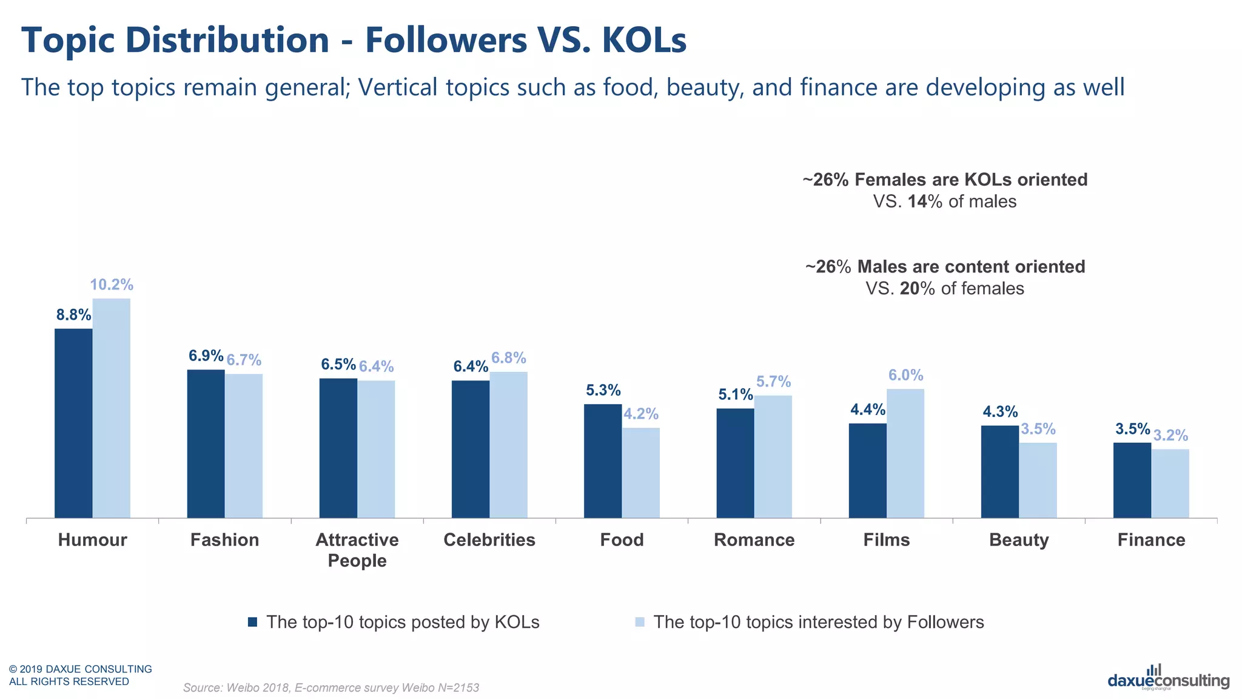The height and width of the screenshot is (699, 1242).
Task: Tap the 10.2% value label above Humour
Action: pyautogui.click(x=112, y=285)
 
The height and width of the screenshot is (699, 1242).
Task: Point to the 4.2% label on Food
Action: pyautogui.click(x=641, y=414)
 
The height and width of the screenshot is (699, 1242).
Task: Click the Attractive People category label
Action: pyautogui.click(x=357, y=550)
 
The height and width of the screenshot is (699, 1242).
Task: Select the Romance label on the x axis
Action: pyautogui.click(x=754, y=540)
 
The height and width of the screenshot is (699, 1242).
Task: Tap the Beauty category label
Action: pyautogui.click(x=1018, y=540)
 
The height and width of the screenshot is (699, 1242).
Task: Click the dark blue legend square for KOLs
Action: pyautogui.click(x=253, y=622)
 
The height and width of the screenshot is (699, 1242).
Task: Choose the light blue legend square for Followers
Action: pyautogui.click(x=639, y=622)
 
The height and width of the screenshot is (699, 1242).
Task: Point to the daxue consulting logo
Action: pyautogui.click(x=1168, y=678)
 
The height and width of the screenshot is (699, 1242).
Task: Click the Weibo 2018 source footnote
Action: pyautogui.click(x=331, y=687)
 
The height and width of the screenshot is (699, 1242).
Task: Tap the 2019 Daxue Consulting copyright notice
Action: pyautogui.click(x=80, y=675)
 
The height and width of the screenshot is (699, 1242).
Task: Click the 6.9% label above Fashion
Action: pyautogui.click(x=206, y=356)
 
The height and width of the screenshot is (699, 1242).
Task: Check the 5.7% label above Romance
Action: pyautogui.click(x=773, y=382)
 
